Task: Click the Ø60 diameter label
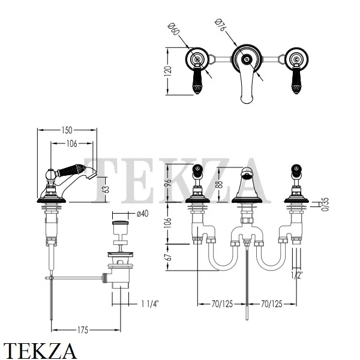click(173, 29)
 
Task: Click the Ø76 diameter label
click(220, 25)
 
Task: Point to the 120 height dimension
click(168, 71)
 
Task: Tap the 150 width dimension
click(67, 130)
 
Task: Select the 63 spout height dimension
click(106, 190)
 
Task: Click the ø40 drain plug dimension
click(143, 214)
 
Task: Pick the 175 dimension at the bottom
click(83, 330)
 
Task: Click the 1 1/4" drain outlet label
click(150, 304)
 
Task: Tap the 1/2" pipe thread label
click(297, 275)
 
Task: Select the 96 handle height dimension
click(168, 182)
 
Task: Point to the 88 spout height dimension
click(219, 185)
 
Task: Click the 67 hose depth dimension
click(168, 257)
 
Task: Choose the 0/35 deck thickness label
click(326, 205)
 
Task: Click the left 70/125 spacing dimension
click(222, 304)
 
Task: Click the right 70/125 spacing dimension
click(272, 304)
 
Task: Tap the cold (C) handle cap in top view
click(296, 59)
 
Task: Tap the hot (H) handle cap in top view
click(197, 59)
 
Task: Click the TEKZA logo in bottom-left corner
click(40, 350)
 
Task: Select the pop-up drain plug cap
click(120, 223)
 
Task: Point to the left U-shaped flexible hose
click(223, 256)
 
